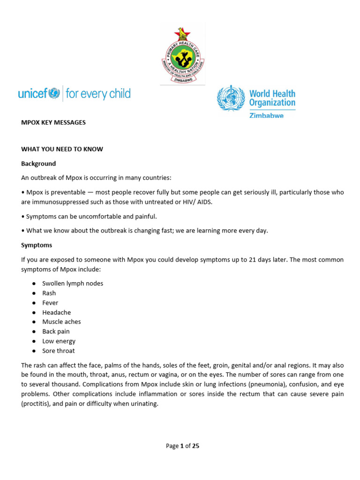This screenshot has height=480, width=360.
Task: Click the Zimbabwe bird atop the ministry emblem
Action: (x=182, y=32)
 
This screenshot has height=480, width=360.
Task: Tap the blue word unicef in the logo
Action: (x=33, y=94)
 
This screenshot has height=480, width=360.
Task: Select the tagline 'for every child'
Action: (x=98, y=94)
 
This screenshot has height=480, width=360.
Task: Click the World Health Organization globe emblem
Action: (x=231, y=98)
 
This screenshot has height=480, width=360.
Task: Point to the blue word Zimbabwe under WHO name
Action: (x=266, y=115)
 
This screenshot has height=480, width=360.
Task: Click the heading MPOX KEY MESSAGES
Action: (x=53, y=122)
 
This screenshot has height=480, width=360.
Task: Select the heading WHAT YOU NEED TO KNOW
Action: (x=62, y=149)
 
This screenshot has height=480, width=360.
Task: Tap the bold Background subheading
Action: (x=38, y=164)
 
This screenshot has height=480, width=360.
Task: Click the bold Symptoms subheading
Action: (x=37, y=245)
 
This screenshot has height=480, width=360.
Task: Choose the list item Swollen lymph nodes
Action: (x=73, y=284)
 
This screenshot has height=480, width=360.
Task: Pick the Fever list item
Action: (x=50, y=303)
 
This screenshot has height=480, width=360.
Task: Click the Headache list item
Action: (x=56, y=313)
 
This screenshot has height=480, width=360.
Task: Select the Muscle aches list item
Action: (x=61, y=322)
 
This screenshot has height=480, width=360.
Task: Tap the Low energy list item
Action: (x=59, y=341)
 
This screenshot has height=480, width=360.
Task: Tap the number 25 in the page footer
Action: (x=195, y=446)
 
